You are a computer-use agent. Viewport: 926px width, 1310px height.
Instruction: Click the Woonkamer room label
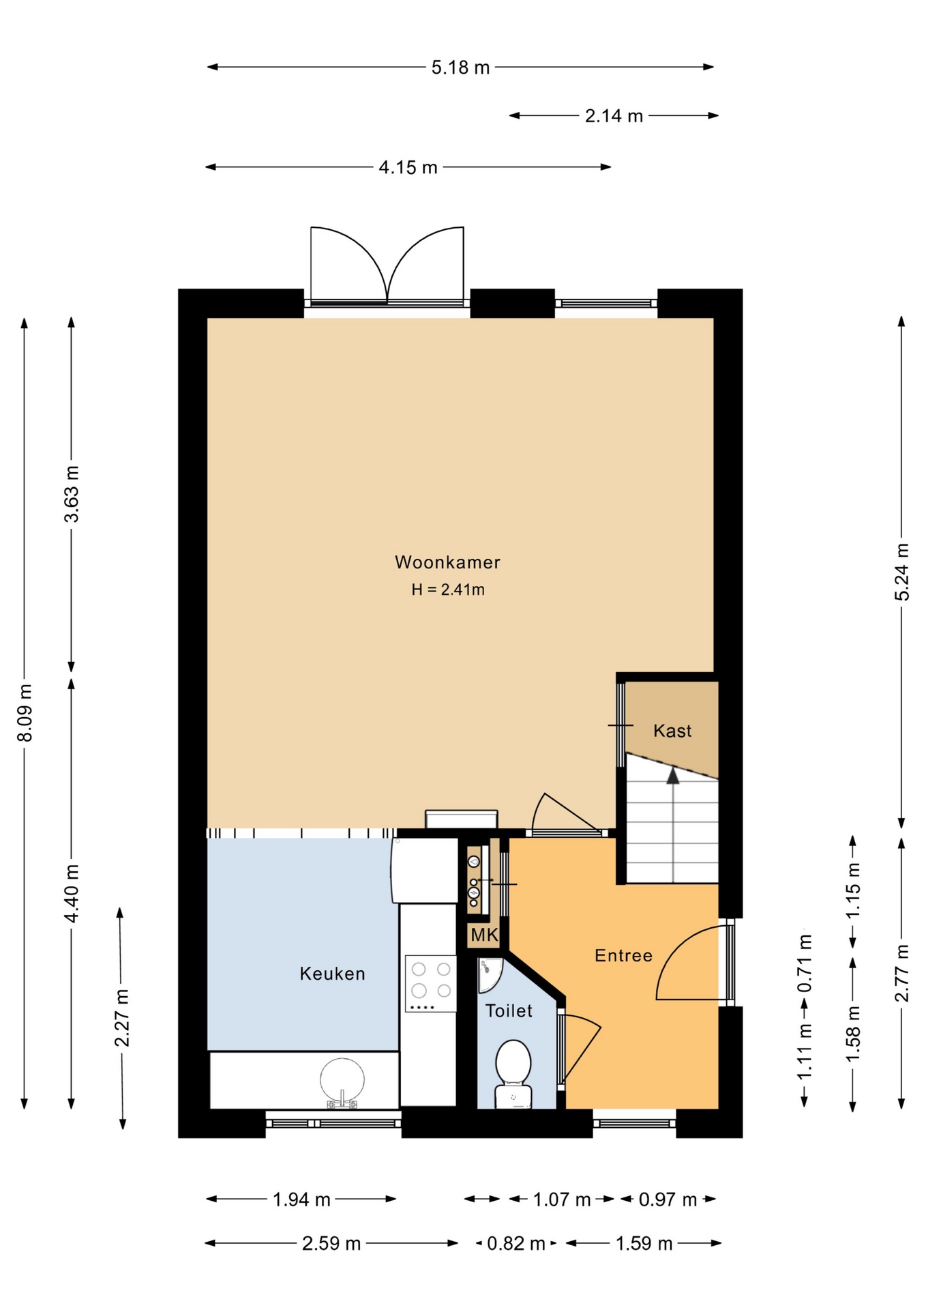click(447, 562)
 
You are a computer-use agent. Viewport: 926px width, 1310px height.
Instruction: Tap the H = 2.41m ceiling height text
click(448, 589)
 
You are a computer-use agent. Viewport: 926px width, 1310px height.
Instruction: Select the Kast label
click(672, 731)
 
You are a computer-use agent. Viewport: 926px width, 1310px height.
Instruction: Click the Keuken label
click(333, 974)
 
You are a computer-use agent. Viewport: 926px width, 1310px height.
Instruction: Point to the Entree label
click(623, 955)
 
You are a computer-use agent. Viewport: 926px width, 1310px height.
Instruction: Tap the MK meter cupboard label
click(484, 935)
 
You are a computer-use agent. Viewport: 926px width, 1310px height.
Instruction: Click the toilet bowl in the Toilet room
click(513, 1073)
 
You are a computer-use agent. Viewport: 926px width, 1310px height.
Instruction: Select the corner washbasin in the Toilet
click(489, 973)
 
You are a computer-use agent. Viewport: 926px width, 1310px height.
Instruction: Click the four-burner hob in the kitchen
click(431, 983)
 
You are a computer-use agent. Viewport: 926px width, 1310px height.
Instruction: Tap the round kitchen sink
click(342, 1080)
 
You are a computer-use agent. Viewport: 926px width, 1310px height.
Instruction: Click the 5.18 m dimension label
click(460, 68)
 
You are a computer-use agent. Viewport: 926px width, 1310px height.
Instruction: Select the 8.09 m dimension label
click(25, 712)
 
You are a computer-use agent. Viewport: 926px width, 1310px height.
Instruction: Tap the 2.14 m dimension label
click(614, 116)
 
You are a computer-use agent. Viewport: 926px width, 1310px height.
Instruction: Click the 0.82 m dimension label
click(516, 1244)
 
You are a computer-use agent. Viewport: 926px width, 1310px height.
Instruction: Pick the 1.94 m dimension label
click(301, 1199)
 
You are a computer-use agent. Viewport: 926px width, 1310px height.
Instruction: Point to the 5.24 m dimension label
click(901, 572)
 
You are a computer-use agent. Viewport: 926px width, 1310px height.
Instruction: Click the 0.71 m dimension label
click(805, 963)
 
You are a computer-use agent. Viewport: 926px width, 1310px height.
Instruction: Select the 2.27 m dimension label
click(122, 1017)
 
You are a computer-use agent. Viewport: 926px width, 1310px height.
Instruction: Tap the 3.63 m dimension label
click(72, 494)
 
